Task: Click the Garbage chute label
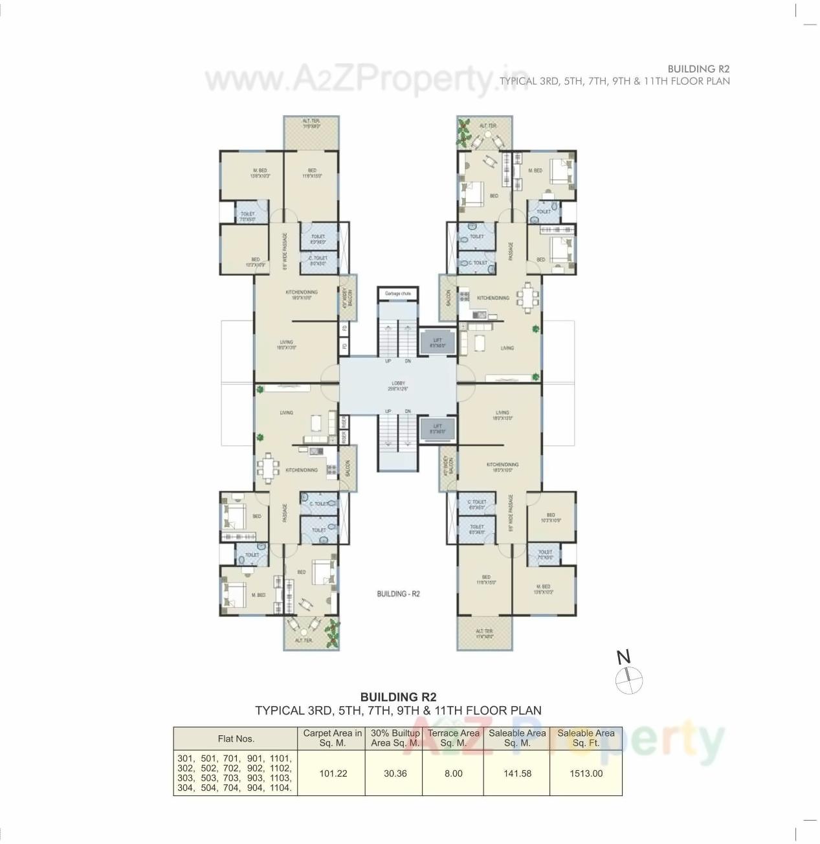coord(397,294)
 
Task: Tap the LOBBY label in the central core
coord(398,386)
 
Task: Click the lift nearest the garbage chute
coord(438,342)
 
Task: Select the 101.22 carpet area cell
coord(333,773)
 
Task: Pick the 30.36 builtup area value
coord(395,773)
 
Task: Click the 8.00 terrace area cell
coord(453,773)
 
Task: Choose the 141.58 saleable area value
coord(517,773)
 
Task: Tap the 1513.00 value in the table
coord(586,773)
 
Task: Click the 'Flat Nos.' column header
coord(236,738)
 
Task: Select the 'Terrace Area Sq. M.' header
coord(453,738)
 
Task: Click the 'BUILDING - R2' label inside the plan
coord(398,594)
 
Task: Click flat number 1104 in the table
coord(280,788)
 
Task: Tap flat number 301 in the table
coord(186,758)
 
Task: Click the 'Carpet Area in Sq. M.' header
coord(333,738)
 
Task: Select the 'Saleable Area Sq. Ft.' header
coord(586,738)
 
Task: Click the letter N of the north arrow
coord(623,658)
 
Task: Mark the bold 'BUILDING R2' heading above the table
coord(398,697)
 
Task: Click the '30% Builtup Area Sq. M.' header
coord(395,738)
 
